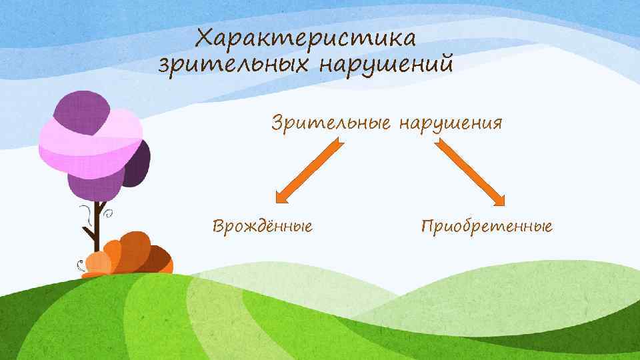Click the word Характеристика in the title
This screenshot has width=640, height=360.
click(306, 38)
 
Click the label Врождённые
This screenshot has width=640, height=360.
click(263, 226)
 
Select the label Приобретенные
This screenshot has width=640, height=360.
click(487, 227)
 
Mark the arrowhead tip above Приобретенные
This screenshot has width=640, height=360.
click(505, 202)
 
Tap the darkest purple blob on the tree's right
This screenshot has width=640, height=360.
click(137, 163)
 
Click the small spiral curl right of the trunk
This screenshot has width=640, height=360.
click(108, 214)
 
